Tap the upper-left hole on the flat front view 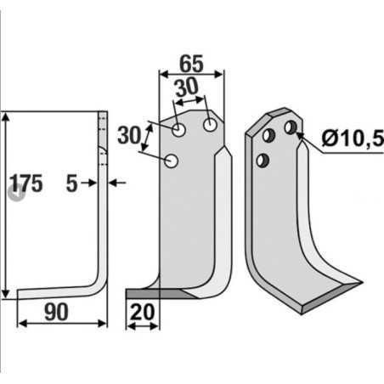[179, 130]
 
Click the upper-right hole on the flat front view [208, 124]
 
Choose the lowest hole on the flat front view [171, 159]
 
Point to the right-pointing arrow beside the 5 [91, 183]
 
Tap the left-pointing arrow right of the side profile [119, 183]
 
